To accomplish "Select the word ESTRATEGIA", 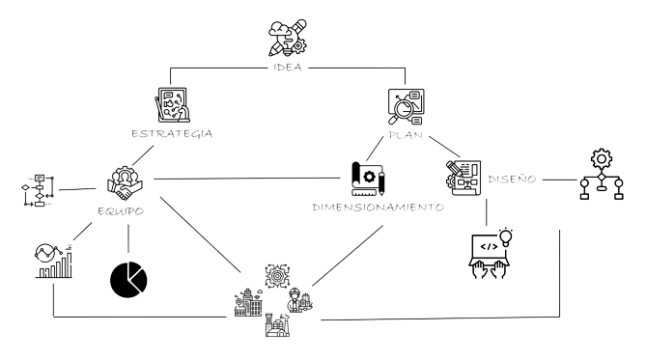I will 171,133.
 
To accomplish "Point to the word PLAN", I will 407,134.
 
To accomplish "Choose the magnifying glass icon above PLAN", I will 406,106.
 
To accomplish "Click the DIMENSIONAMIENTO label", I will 378,208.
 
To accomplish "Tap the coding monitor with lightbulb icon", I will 492,253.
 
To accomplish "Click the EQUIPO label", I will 122,208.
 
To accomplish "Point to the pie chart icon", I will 127,278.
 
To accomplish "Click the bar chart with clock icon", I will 54,261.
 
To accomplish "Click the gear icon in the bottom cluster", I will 277,273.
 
